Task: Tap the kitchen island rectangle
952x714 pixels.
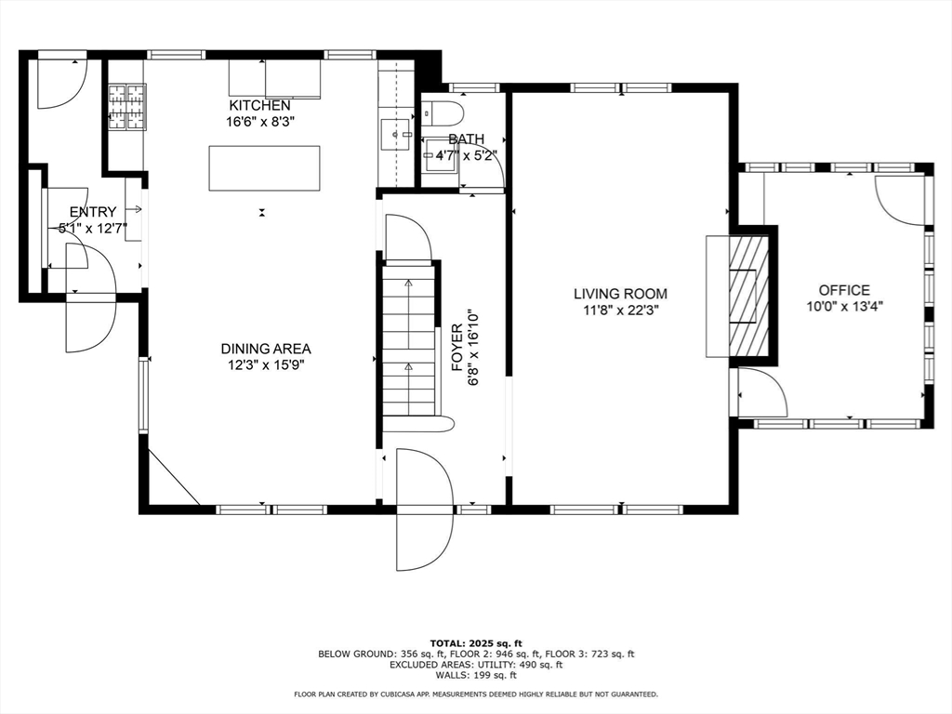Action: pyautogui.click(x=264, y=168)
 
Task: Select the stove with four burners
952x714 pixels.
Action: pyautogui.click(x=127, y=106)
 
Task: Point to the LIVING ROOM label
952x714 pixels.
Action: pyautogui.click(x=620, y=294)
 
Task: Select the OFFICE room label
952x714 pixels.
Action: pyautogui.click(x=844, y=290)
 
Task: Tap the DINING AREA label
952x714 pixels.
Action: pyautogui.click(x=266, y=349)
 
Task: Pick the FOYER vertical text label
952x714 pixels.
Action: pyautogui.click(x=457, y=348)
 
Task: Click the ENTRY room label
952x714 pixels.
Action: pyautogui.click(x=93, y=212)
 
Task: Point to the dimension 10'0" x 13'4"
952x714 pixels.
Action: pyautogui.click(x=844, y=306)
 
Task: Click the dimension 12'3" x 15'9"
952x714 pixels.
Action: pyautogui.click(x=266, y=364)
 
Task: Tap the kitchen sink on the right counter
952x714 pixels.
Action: pyautogui.click(x=396, y=134)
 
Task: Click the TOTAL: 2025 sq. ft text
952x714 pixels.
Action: pyautogui.click(x=476, y=642)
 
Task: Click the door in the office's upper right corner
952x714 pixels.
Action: pyautogui.click(x=900, y=199)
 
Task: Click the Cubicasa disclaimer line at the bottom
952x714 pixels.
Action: pyautogui.click(x=476, y=694)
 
